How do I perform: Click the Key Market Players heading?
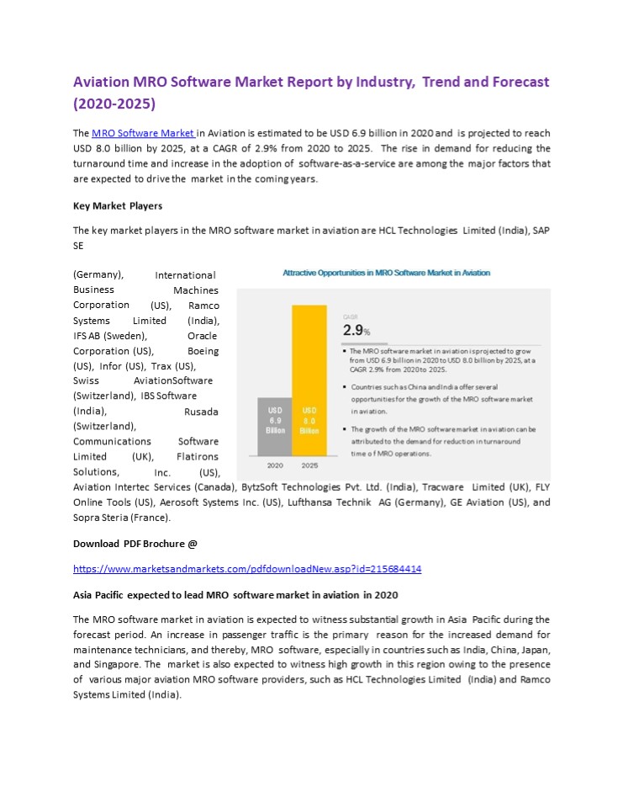click(118, 205)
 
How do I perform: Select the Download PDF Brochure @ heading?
click(135, 544)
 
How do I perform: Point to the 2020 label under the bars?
click(275, 465)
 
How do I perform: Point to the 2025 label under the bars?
click(309, 465)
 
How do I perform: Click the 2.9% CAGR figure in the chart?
click(356, 330)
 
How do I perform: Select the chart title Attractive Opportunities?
click(386, 273)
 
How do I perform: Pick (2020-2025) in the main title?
click(114, 104)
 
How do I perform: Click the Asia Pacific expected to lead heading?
click(235, 595)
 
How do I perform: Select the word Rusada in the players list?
click(201, 411)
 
